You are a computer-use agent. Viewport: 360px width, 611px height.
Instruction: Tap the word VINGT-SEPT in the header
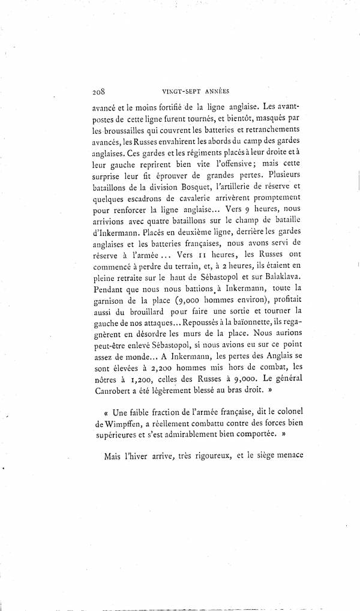[181, 92]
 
